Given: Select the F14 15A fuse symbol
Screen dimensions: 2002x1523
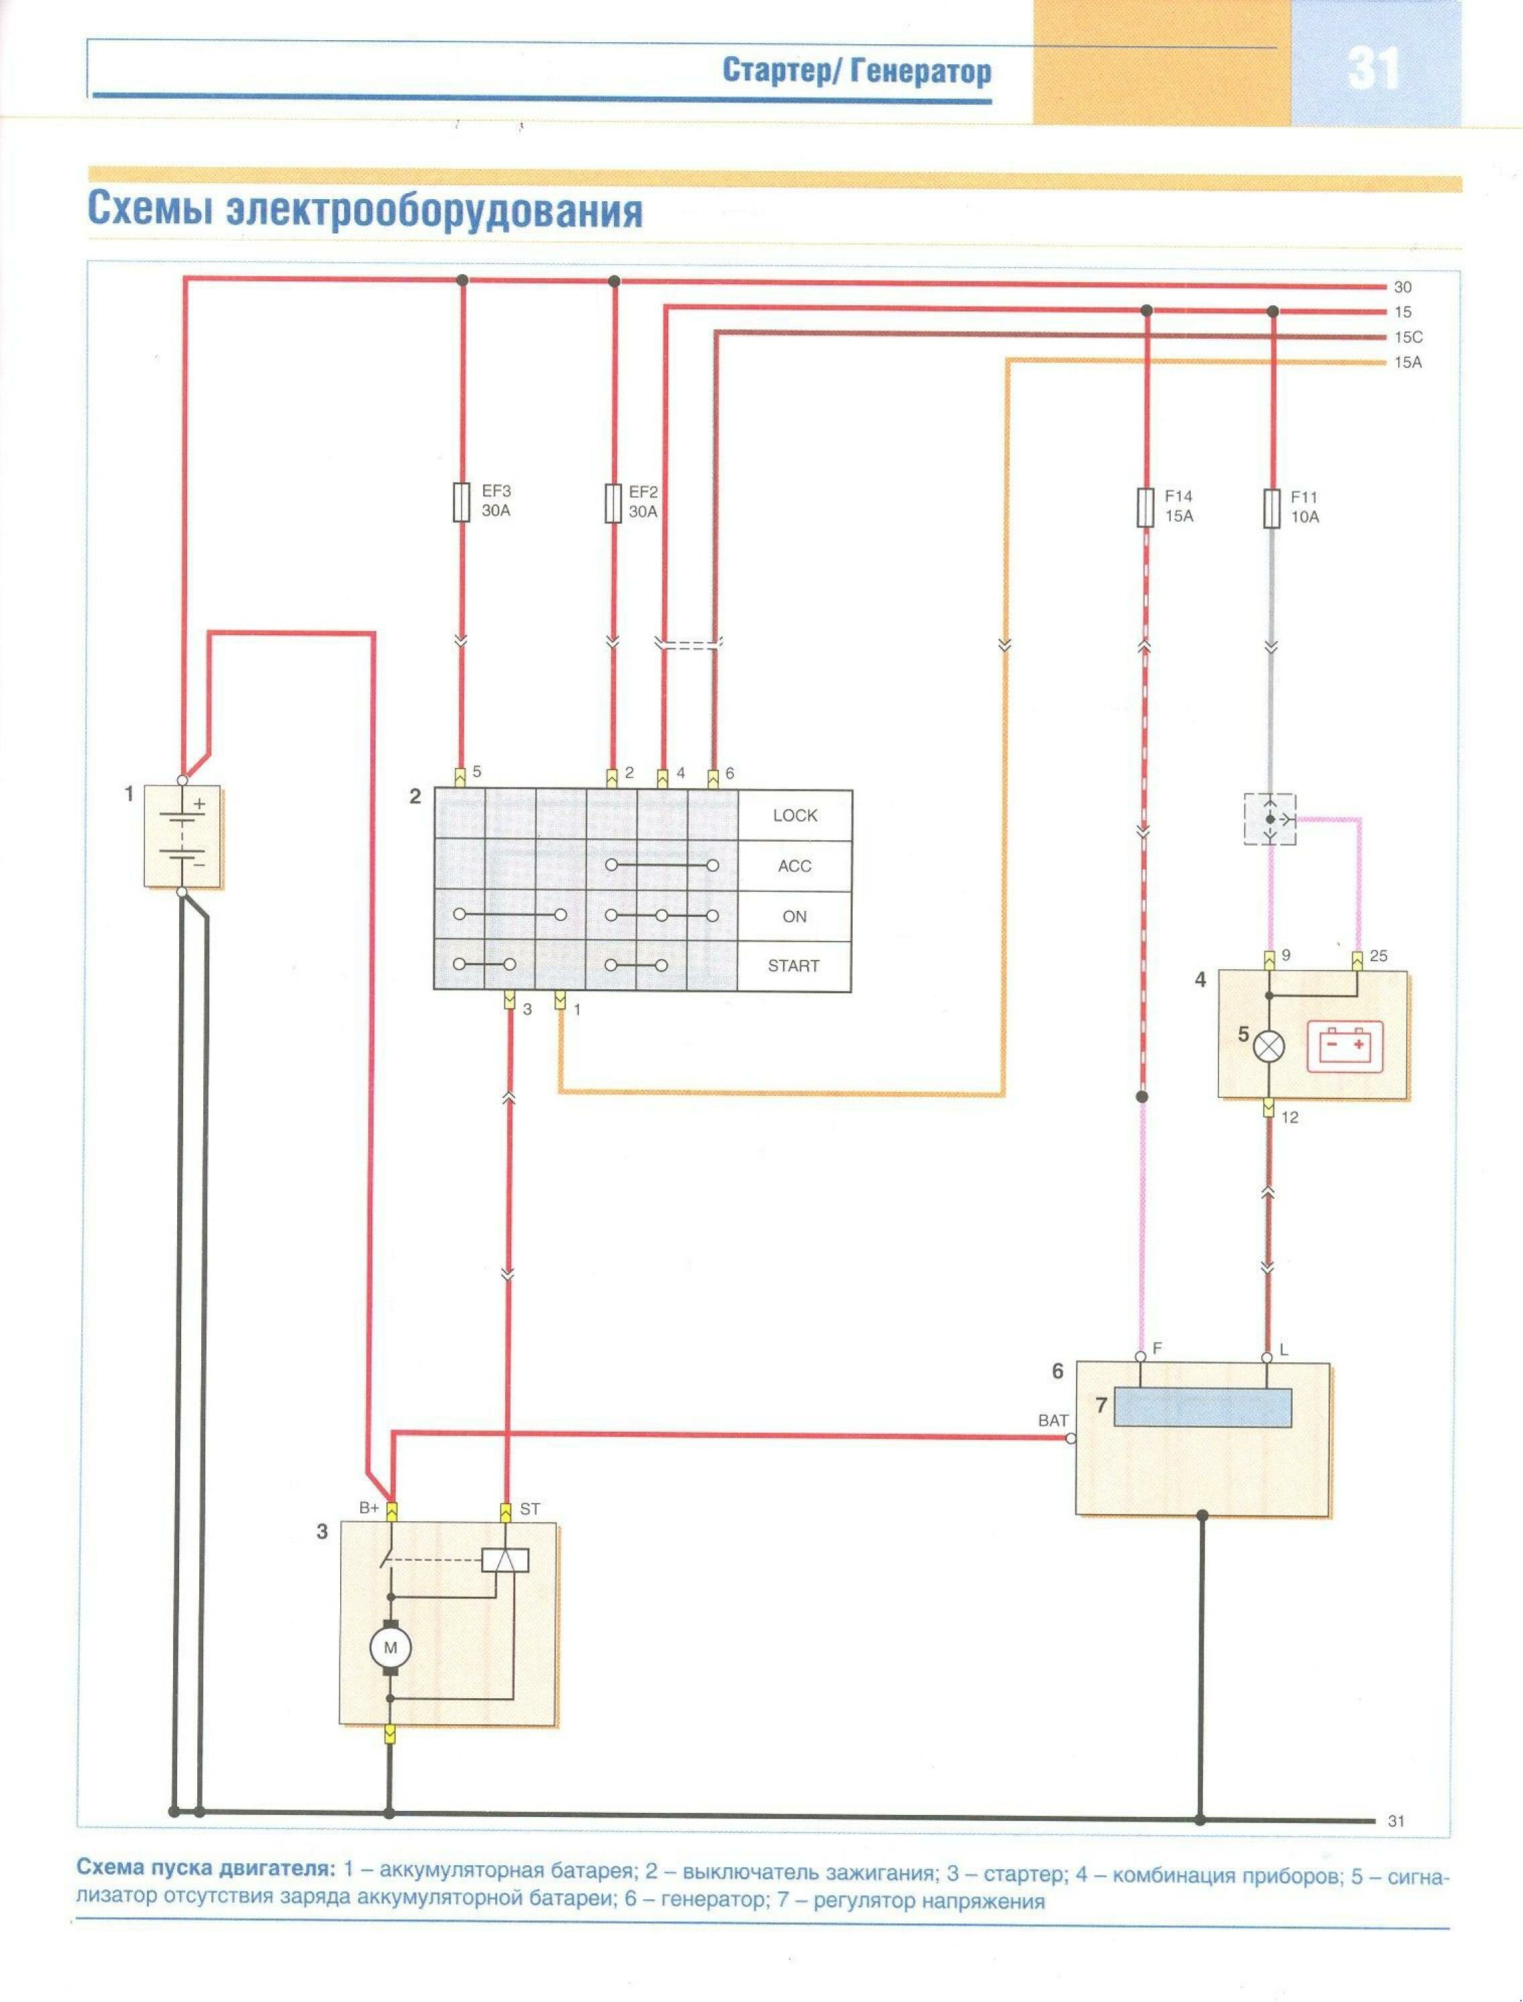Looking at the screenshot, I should coord(1146,508).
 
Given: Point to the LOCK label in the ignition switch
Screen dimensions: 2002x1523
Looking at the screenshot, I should coord(795,816).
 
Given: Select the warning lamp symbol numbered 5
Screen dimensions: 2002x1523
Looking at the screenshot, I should coord(1269,1048).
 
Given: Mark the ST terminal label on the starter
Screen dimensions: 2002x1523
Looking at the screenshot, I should coord(529,1509).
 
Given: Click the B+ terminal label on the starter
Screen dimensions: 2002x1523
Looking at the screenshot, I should coord(369,1508).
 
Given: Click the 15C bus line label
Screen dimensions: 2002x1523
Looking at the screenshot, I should coord(1408,337).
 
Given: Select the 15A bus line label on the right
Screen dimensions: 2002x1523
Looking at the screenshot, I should coord(1408,363).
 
